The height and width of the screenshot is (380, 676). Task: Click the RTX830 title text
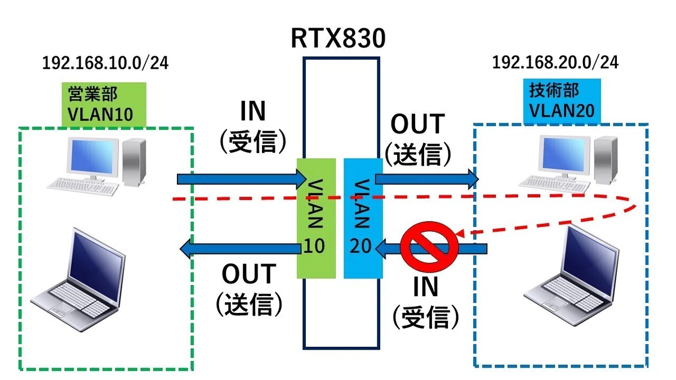338,38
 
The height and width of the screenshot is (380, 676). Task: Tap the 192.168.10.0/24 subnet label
105,63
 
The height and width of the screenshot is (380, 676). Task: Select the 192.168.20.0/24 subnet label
555,62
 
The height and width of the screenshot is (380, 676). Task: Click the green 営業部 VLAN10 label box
104,104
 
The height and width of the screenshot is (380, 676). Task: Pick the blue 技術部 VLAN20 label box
562,101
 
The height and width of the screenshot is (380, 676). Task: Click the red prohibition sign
429,247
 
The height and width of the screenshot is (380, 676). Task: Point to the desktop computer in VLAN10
96,167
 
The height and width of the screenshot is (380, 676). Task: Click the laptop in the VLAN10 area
78,280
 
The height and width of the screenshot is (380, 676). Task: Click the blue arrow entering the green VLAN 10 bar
242,180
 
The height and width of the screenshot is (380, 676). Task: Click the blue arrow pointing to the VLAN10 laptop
241,249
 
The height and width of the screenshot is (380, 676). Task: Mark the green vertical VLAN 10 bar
316,218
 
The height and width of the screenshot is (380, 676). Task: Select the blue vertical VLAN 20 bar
363,218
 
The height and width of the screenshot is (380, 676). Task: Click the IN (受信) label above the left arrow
253,126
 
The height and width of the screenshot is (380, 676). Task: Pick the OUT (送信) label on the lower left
249,290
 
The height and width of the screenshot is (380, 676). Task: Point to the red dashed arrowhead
461,234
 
